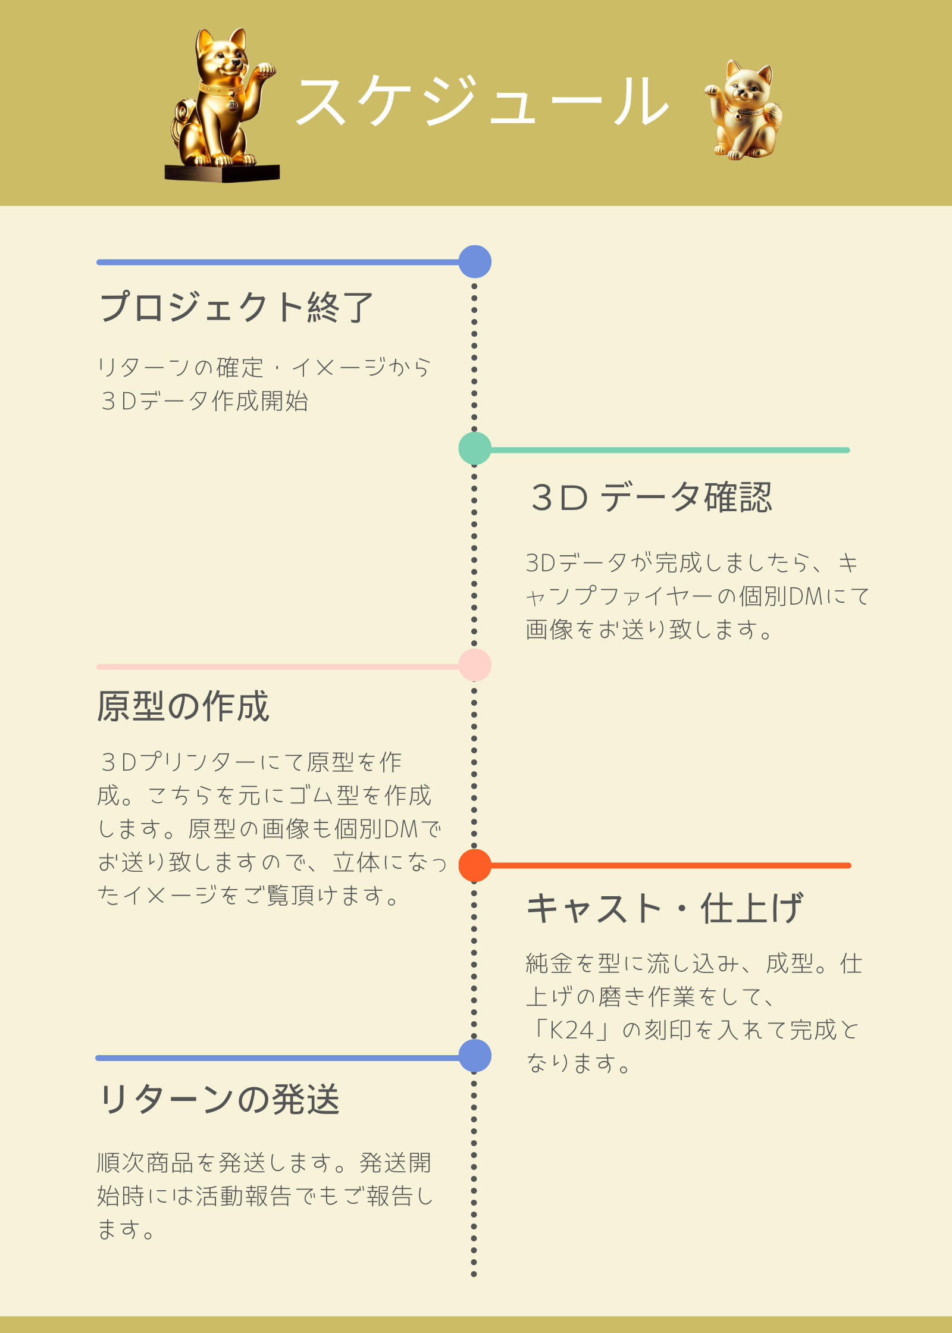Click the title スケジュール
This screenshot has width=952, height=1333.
(x=483, y=101)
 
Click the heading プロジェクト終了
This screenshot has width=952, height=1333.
(x=236, y=307)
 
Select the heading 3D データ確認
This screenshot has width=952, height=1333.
(x=651, y=497)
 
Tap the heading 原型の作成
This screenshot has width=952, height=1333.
(x=183, y=706)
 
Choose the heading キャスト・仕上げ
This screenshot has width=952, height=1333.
(x=665, y=908)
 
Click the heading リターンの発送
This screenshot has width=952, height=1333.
(x=219, y=1099)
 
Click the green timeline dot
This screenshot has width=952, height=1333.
(x=475, y=449)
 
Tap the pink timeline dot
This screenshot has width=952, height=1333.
(x=475, y=665)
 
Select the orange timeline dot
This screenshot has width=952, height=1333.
(x=475, y=865)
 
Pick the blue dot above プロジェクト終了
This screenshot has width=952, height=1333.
(x=475, y=262)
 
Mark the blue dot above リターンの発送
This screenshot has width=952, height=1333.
(x=475, y=1056)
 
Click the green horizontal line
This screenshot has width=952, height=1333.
(x=670, y=450)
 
